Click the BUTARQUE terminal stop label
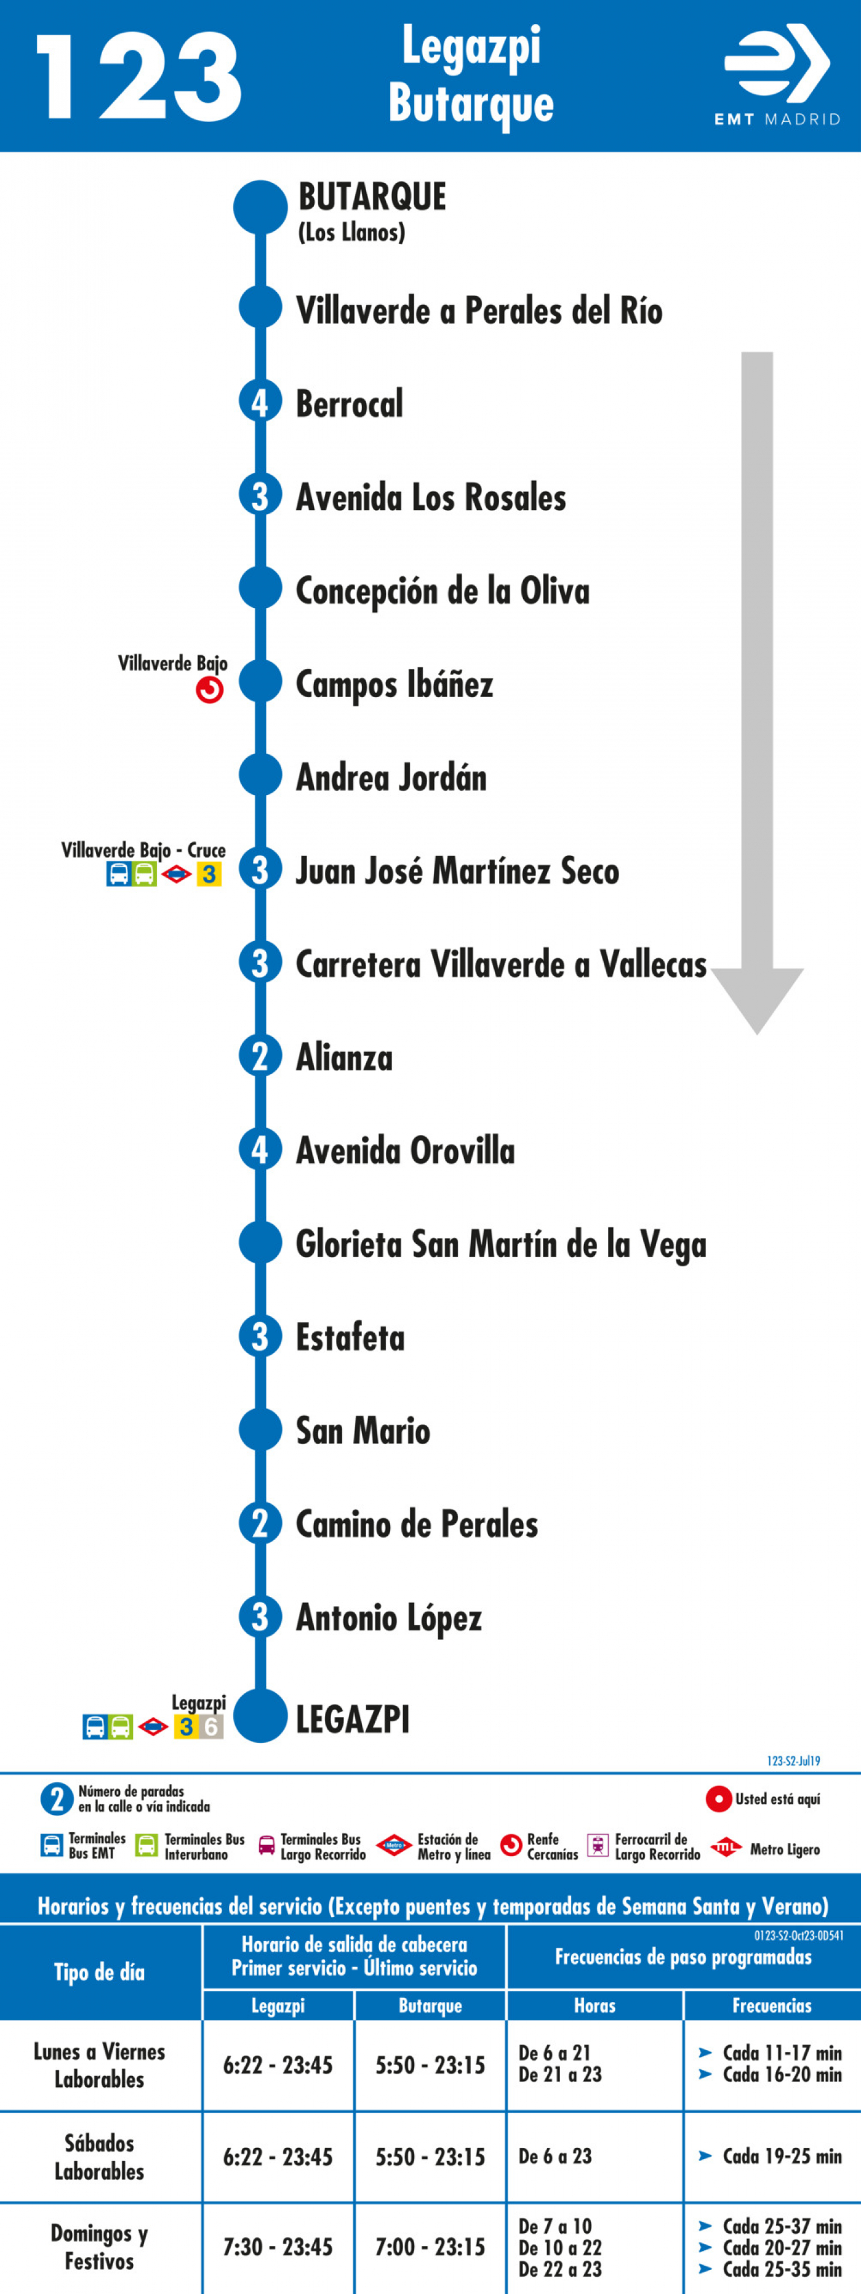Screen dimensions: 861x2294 click(x=372, y=197)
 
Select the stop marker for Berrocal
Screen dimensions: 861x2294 click(x=260, y=403)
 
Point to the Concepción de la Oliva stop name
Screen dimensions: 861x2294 click(x=443, y=591)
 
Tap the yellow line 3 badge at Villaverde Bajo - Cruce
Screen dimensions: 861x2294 click(x=209, y=874)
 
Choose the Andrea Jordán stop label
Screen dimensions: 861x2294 click(x=391, y=777)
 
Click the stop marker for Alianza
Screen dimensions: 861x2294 click(x=260, y=1056)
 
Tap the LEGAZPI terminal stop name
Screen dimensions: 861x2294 click(x=353, y=1719)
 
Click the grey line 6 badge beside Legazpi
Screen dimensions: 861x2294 click(x=211, y=1727)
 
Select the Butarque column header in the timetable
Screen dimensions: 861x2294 click(x=430, y=2005)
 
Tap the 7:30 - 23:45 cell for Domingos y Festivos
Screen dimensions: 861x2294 click(x=278, y=2247)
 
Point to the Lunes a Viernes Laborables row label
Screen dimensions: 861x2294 click(x=100, y=2065)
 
